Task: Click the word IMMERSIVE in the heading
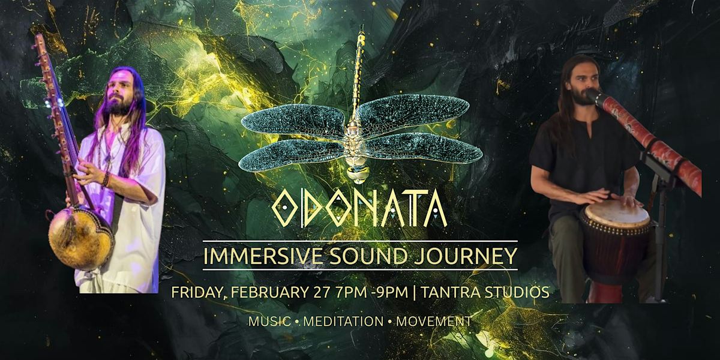pyautogui.click(x=262, y=256)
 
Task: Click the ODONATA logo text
pyautogui.click(x=359, y=209)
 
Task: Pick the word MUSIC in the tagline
pyautogui.click(x=269, y=322)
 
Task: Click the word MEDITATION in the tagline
pyautogui.click(x=343, y=322)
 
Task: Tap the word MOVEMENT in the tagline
pyautogui.click(x=434, y=322)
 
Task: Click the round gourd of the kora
pyautogui.click(x=81, y=238)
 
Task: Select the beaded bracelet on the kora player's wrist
pyautogui.click(x=106, y=180)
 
